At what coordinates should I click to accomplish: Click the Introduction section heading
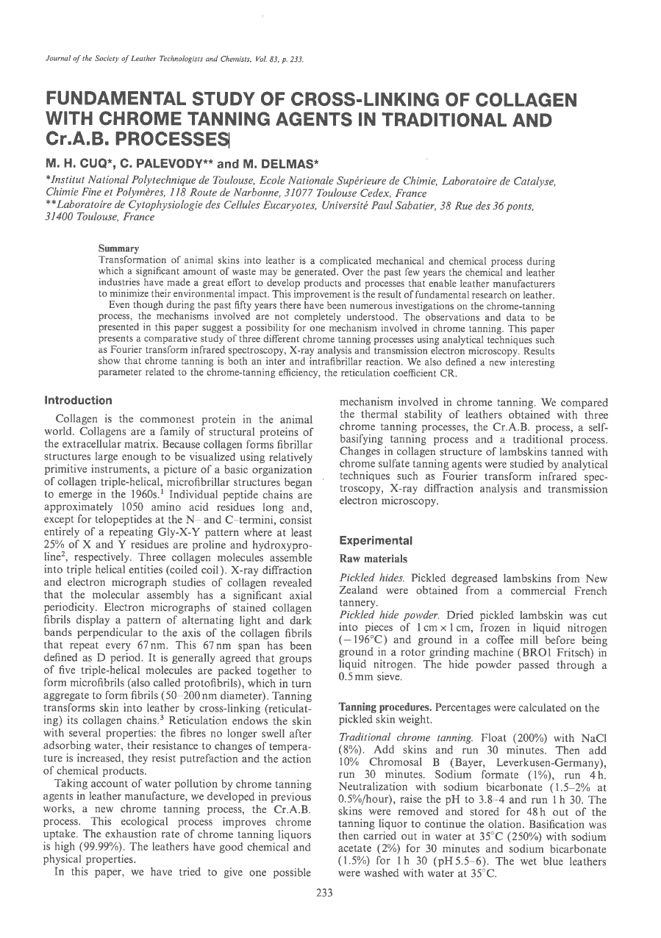click(x=79, y=401)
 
